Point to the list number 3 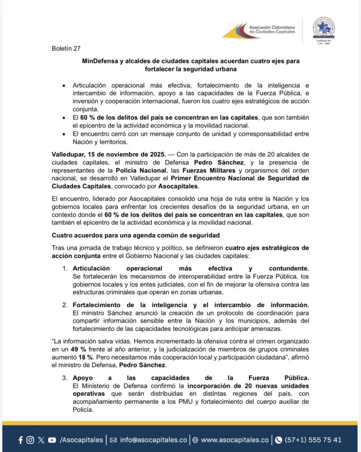point(64,377)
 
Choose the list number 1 point(64,268)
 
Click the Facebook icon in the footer point(21,440)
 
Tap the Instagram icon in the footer point(30,440)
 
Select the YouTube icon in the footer point(52,440)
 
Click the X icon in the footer point(41,440)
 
